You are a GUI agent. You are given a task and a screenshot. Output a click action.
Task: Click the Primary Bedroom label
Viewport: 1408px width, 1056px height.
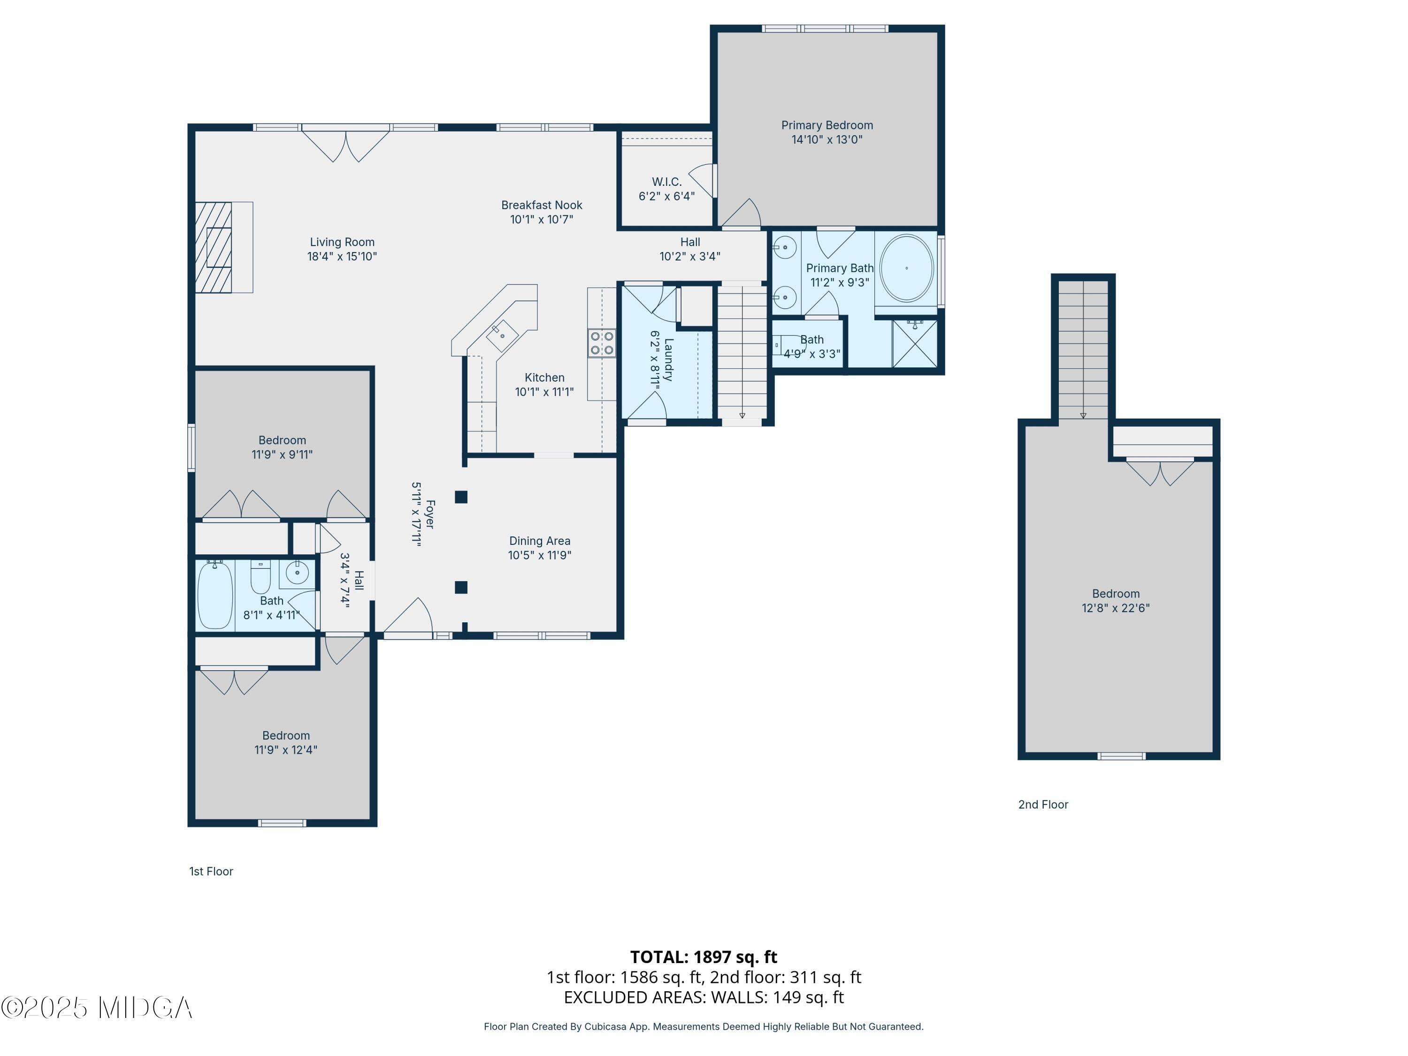coord(827,125)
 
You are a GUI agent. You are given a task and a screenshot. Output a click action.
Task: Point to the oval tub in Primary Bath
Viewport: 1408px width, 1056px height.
coord(906,268)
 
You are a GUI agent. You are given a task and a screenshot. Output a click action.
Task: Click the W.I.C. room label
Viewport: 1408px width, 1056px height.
coord(666,182)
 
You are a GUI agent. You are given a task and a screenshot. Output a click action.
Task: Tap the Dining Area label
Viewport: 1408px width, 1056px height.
coord(539,541)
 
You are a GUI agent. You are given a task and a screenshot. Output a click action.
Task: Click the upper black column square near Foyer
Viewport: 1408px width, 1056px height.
coord(461,497)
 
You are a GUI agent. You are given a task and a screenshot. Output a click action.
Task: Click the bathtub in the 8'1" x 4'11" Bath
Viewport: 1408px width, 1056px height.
coord(215,596)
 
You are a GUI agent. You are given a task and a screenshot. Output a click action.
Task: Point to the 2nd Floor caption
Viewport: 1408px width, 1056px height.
coord(1043,804)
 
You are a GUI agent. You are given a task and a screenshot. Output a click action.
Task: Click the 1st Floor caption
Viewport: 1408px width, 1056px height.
coord(211,872)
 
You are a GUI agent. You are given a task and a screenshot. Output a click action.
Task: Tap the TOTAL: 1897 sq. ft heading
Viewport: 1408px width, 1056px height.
coord(704,957)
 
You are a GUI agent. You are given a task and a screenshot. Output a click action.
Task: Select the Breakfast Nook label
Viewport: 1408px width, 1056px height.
coord(541,205)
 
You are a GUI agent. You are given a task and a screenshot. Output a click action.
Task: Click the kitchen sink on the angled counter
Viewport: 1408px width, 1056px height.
coord(502,335)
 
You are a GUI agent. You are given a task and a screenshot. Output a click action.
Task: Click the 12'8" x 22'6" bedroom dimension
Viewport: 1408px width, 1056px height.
coord(1115,608)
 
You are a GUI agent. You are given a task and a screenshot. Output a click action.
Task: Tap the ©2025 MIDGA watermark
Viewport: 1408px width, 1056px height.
coord(97,1008)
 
